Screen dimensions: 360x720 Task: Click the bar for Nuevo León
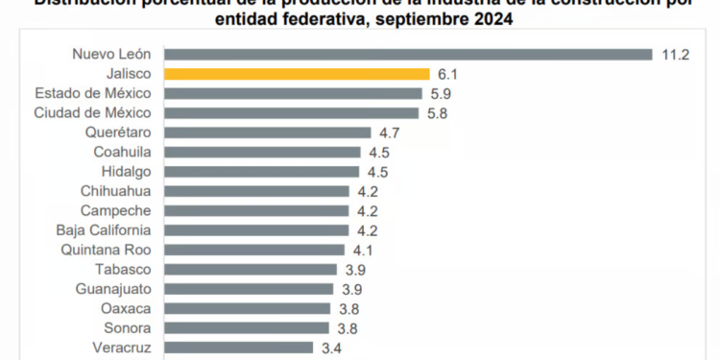pos(408,55)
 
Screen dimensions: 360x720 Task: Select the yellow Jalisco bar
pos(297,74)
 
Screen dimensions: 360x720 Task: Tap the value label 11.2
pos(676,55)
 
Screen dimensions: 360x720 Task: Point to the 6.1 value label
pos(448,74)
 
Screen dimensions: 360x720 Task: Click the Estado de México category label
pos(92,93)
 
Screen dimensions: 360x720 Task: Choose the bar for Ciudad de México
pos(291,112)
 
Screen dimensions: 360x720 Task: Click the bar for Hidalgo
pos(261,172)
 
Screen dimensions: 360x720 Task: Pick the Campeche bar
pos(257,210)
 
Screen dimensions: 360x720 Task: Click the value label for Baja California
pos(367,230)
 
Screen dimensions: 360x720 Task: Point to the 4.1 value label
pos(363,250)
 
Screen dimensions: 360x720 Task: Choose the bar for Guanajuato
pos(249,289)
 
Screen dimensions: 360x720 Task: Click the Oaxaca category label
pos(125,308)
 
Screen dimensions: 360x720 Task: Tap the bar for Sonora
pos(247,327)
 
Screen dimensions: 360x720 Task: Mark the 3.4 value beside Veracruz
pos(331,348)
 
